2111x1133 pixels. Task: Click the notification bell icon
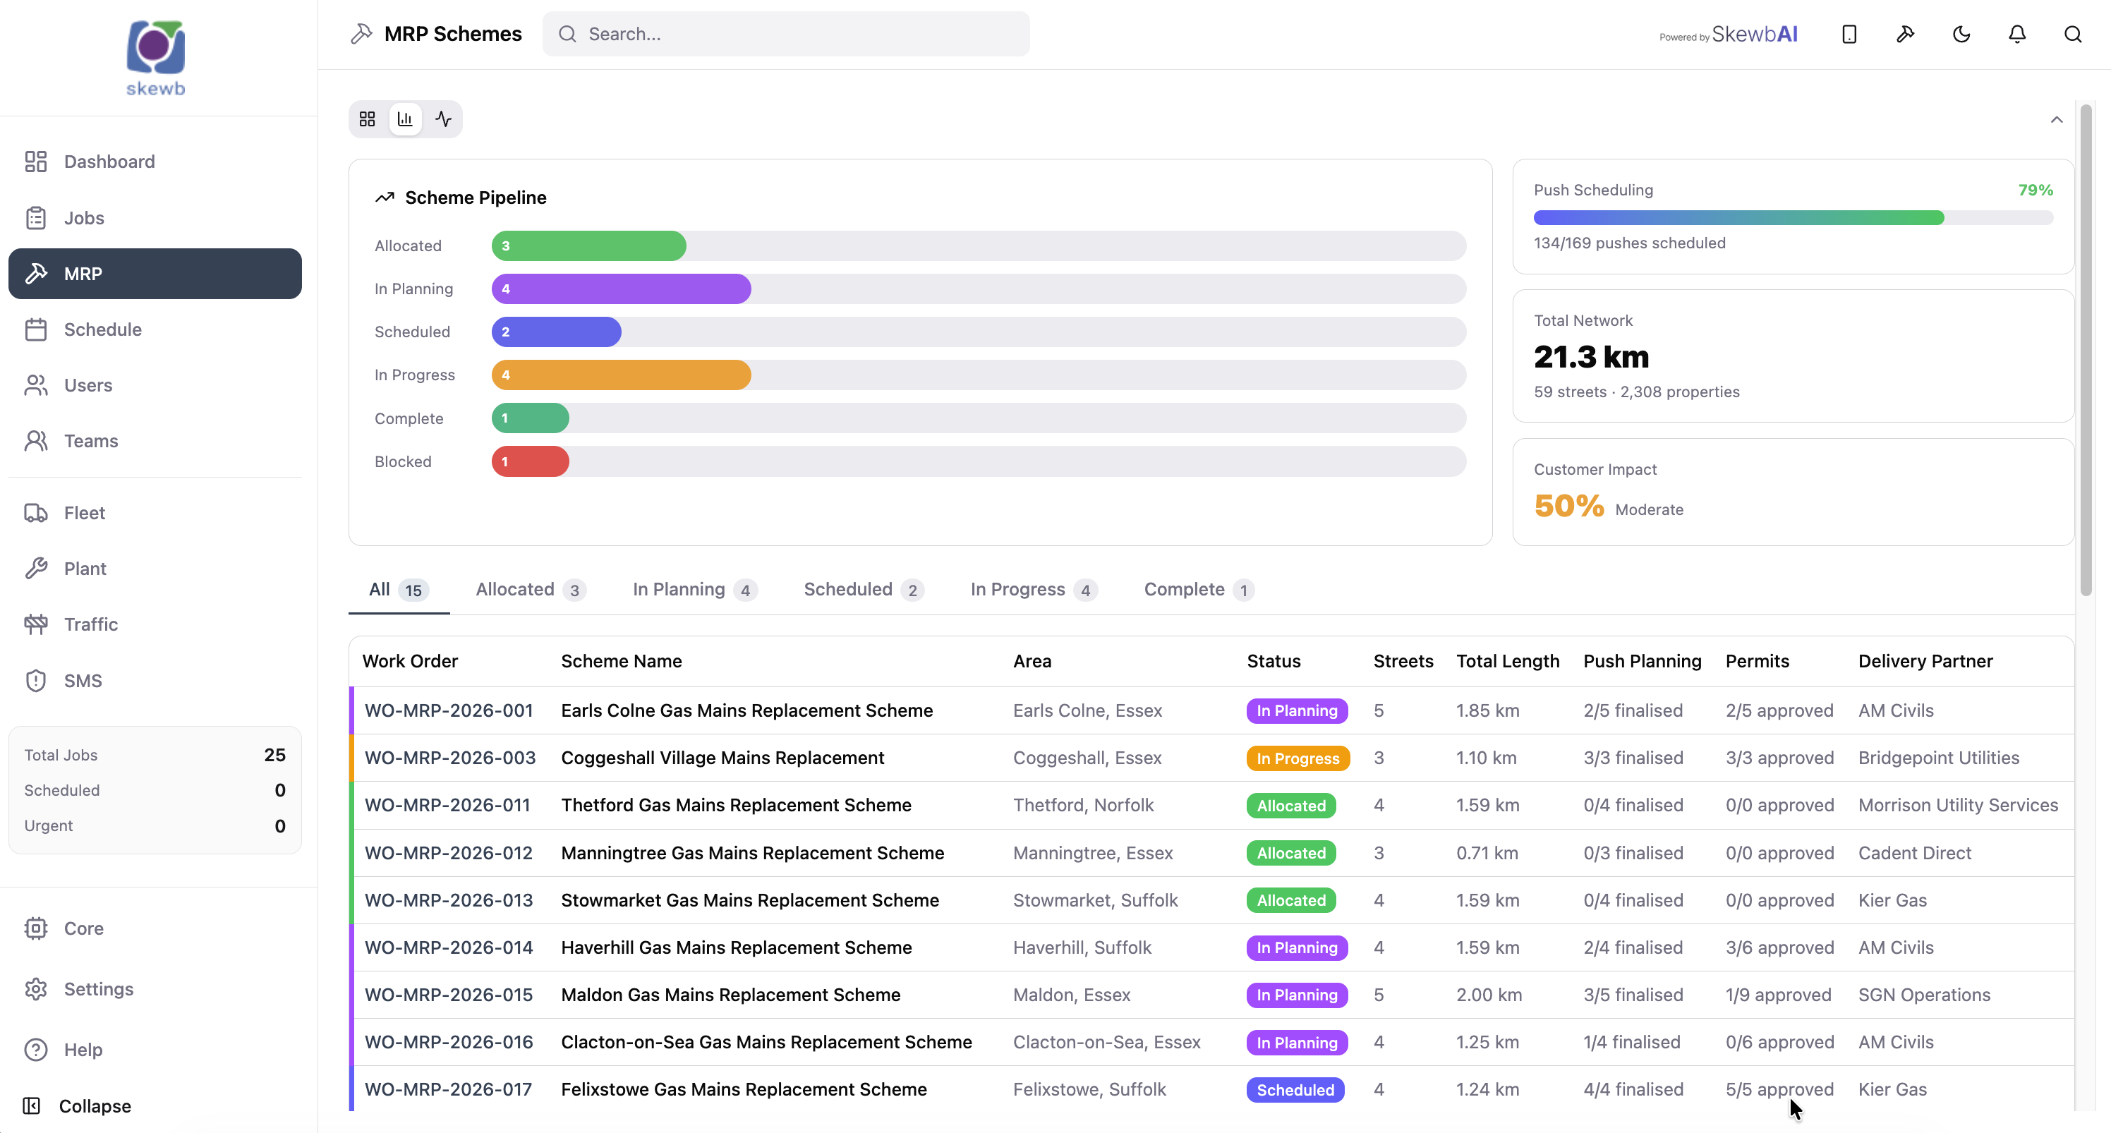point(2016,34)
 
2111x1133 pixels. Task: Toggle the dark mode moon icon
point(1961,34)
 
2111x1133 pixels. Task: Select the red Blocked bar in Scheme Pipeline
point(530,461)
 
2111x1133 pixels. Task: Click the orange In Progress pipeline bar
point(621,375)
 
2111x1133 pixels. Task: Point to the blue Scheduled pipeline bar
point(557,332)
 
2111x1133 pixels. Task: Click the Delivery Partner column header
point(1925,661)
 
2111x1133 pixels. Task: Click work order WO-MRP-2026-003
point(450,758)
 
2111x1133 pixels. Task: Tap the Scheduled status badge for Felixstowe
point(1295,1089)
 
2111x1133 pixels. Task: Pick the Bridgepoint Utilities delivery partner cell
point(1938,758)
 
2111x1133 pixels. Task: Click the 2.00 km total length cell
point(1488,995)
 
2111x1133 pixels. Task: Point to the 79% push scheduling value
point(2035,190)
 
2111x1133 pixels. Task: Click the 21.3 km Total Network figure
point(1590,356)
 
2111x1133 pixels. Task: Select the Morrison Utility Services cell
point(1958,806)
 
